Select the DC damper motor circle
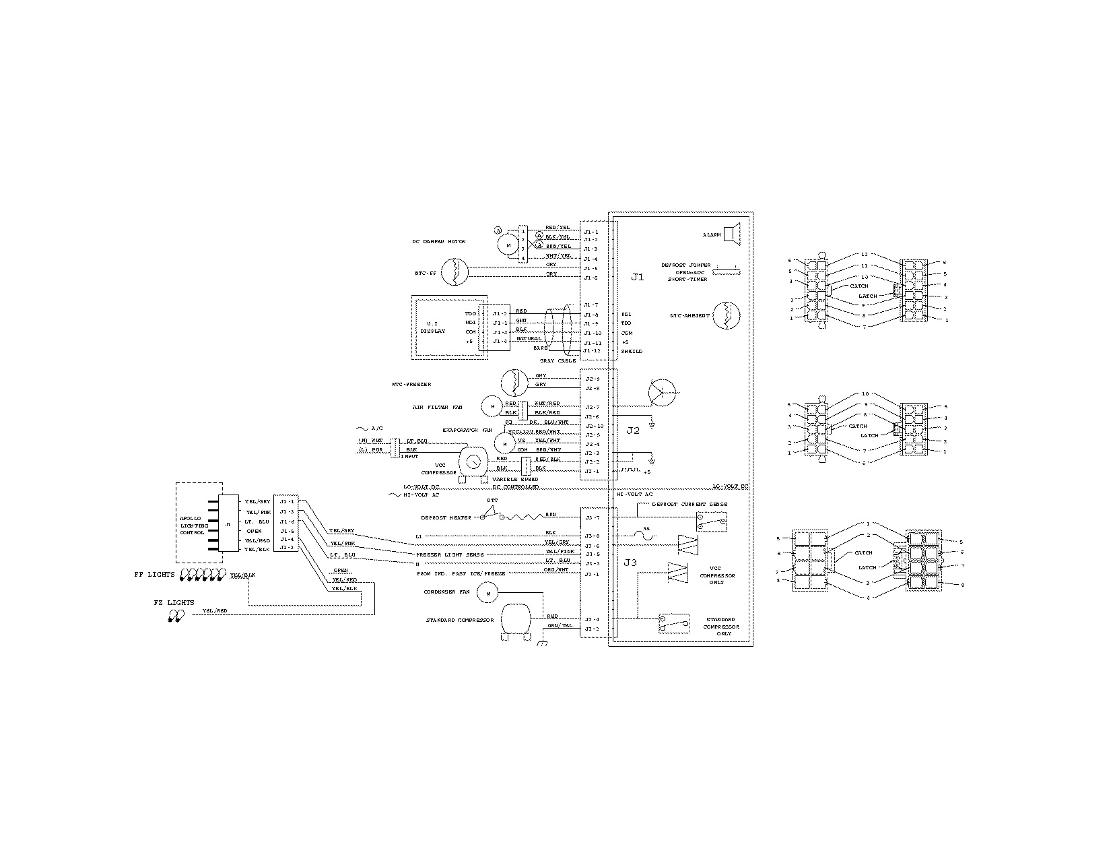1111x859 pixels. pos(508,245)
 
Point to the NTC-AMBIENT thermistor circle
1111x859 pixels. pos(726,315)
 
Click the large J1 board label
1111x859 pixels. pos(637,277)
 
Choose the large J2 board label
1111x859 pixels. pos(632,431)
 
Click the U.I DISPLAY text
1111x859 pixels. pos(432,327)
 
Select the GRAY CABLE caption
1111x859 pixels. pos(557,361)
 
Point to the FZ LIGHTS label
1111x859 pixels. pos(174,602)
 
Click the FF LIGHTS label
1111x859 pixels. pos(154,575)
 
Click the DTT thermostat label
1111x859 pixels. pos(492,501)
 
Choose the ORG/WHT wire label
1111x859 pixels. pos(556,570)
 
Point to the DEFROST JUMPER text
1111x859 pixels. pos(685,265)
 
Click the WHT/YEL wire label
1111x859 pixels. pos(558,255)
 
